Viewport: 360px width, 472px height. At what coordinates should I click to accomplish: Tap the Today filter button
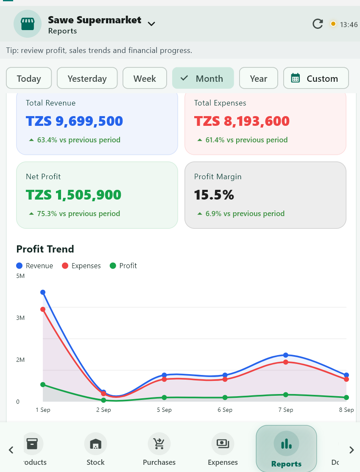pos(29,78)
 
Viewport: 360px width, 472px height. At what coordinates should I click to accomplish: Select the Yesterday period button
pos(87,78)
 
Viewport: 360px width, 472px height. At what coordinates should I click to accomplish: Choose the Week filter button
pos(145,78)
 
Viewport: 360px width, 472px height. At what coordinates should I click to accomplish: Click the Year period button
pos(259,78)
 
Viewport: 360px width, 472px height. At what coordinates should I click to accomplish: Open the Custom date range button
pos(316,78)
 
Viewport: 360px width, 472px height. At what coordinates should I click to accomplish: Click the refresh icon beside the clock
pos(318,24)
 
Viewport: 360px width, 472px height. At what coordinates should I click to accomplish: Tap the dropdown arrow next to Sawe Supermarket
pos(151,24)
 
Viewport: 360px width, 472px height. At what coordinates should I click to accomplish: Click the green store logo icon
pos(28,24)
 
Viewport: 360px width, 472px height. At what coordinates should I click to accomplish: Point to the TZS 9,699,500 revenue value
pos(74,121)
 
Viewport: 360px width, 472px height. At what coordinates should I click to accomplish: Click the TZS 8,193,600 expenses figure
pos(242,121)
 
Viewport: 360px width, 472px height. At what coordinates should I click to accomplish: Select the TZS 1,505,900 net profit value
pos(73,195)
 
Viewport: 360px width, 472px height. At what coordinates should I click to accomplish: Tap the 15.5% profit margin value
pos(214,195)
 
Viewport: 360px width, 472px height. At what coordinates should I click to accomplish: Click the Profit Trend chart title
pos(45,249)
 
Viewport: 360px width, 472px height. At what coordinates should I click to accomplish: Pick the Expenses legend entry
pos(81,266)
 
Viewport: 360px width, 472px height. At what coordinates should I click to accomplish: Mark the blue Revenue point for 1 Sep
pos(43,292)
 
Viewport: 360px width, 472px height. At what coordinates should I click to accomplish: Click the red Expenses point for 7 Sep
pos(286,362)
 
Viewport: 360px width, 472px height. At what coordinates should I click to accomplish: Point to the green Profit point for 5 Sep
pos(164,398)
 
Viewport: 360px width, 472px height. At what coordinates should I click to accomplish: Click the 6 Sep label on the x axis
pos(225,410)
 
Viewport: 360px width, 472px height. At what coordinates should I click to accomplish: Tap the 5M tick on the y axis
pos(20,276)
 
